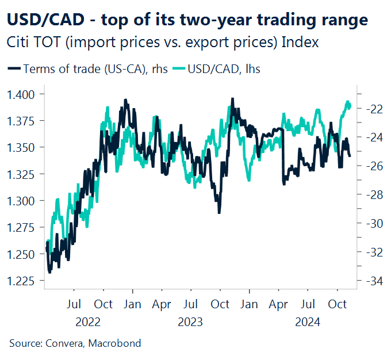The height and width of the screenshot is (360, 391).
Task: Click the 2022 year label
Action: coord(89,321)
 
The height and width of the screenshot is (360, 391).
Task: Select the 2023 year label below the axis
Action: coord(190,321)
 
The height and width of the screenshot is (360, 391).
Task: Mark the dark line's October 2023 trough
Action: coord(218,212)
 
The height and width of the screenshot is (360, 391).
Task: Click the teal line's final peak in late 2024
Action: coord(347,102)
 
